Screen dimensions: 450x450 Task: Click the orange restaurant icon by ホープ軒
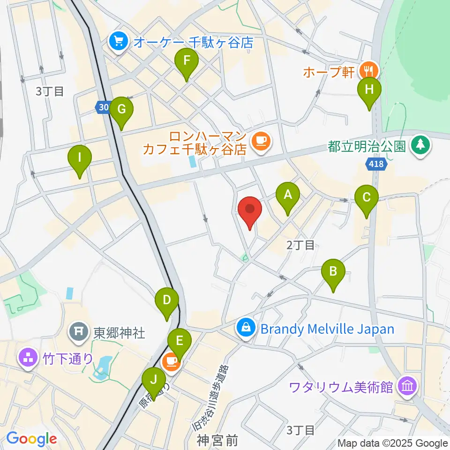click(x=367, y=71)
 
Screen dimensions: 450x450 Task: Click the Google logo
click(x=31, y=439)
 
